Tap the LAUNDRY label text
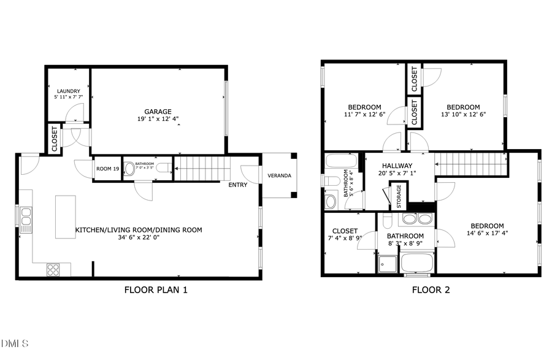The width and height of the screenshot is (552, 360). tap(68, 91)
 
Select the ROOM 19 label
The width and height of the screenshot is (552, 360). tap(107, 168)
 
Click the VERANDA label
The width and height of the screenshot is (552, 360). tap(278, 176)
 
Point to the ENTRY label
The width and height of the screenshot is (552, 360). tap(238, 185)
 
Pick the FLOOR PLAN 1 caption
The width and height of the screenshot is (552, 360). tap(156, 289)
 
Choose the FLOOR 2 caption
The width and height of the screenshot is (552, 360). tap(431, 289)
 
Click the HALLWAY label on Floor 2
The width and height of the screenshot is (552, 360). tap(397, 166)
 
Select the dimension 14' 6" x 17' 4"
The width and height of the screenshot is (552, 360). tap(488, 233)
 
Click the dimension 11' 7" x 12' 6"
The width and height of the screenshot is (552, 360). tap(364, 114)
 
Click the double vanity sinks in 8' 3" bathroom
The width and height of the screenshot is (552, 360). tap(417, 220)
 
